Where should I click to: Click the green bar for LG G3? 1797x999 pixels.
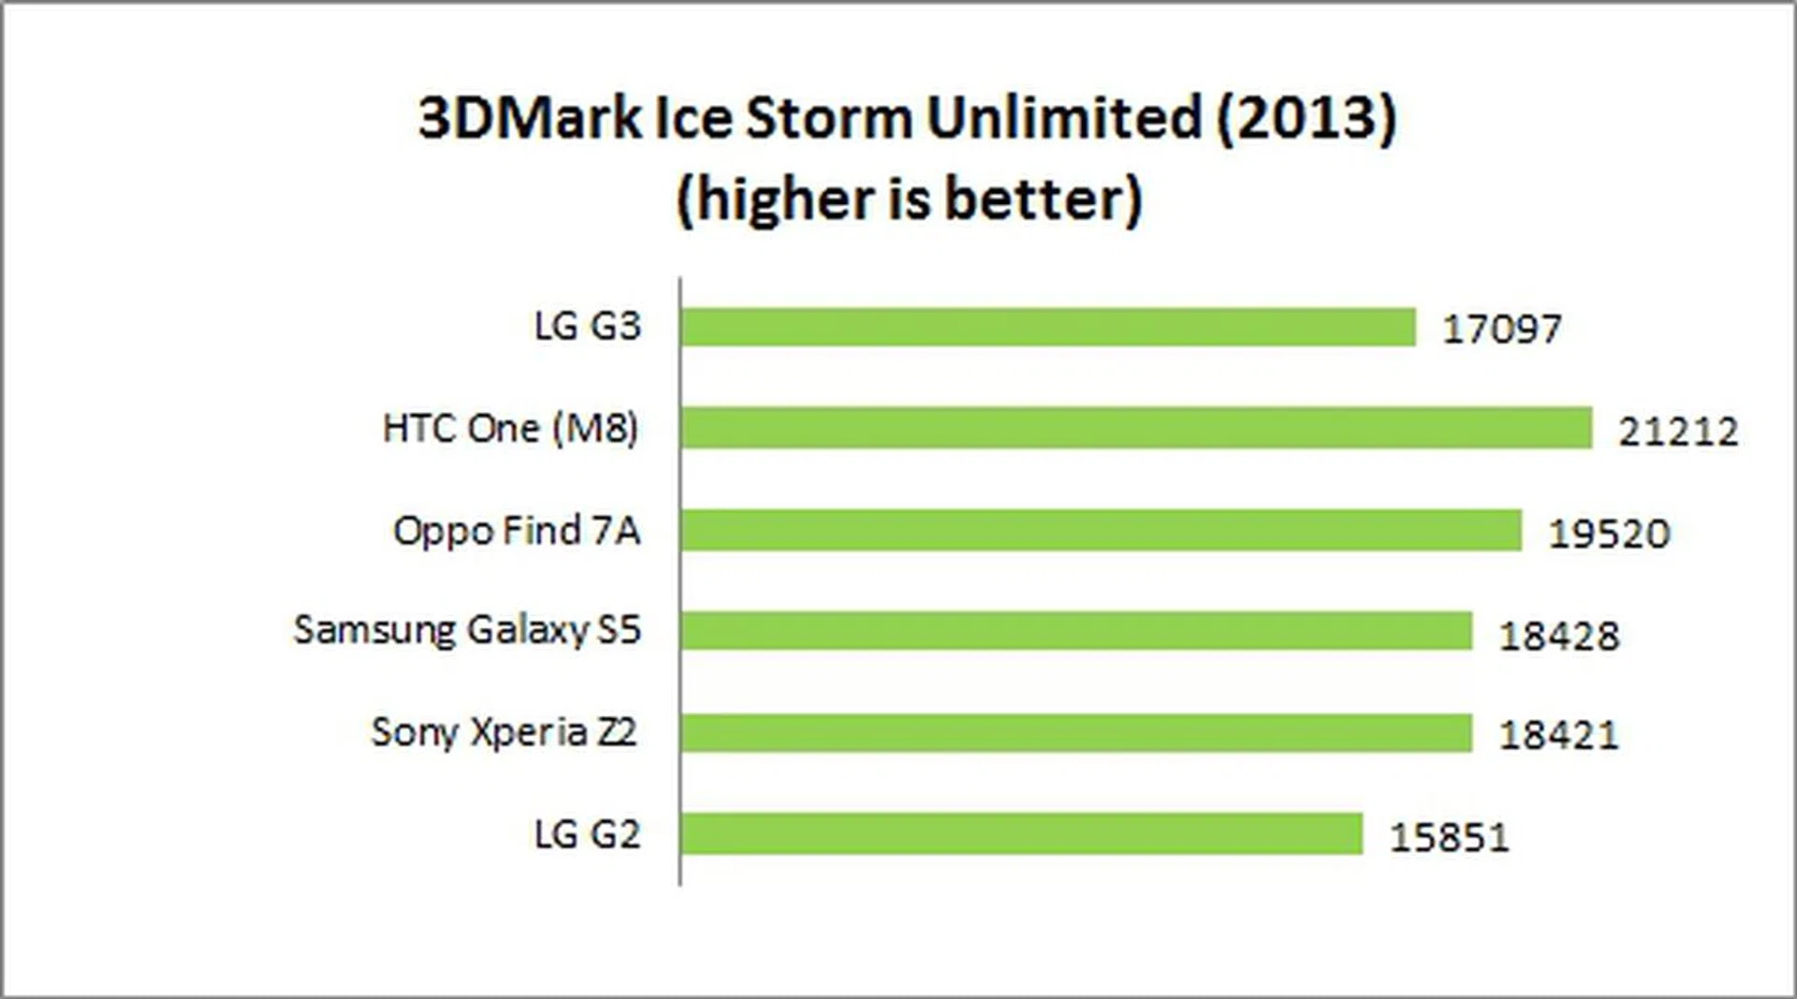point(1048,328)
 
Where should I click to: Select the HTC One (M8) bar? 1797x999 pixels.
point(1136,428)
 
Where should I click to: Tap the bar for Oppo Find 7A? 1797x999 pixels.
point(1101,531)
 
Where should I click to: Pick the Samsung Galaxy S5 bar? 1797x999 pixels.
point(1076,630)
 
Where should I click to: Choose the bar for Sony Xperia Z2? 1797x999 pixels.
point(1076,732)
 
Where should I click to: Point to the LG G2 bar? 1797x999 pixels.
point(1021,833)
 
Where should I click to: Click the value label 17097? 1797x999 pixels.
point(1501,330)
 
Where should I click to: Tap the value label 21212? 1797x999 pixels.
point(1678,432)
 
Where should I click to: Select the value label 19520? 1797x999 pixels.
point(1609,534)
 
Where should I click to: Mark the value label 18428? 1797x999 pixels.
point(1558,636)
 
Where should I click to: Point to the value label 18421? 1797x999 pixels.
point(1558,735)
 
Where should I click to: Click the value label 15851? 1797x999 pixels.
point(1449,837)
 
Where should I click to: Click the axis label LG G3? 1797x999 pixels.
point(587,327)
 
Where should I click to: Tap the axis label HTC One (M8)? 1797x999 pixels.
point(510,429)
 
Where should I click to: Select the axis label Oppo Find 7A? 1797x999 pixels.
point(517,531)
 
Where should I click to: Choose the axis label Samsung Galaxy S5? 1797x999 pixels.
point(467,630)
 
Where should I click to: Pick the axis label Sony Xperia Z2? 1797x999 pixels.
point(504,732)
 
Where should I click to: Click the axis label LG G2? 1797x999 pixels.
point(587,833)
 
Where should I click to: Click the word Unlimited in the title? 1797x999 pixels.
point(1063,118)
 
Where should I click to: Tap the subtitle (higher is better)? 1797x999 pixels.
point(909,199)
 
